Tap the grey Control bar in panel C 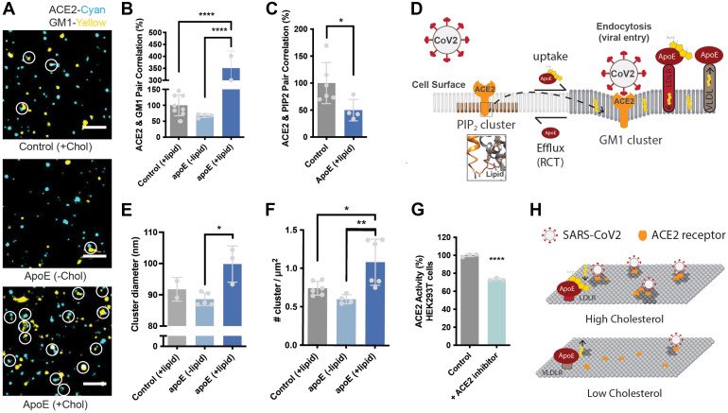(x=352, y=108)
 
